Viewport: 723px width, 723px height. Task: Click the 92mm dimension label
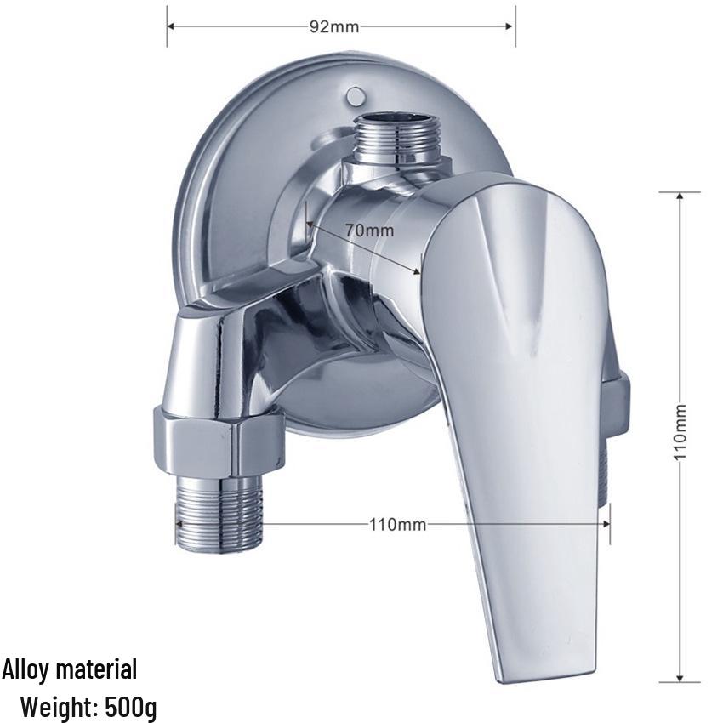point(333,26)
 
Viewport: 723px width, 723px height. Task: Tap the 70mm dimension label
point(370,230)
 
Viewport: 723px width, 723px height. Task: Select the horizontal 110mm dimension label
point(397,524)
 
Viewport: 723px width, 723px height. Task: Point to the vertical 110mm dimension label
point(680,431)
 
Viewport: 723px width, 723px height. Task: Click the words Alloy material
point(70,669)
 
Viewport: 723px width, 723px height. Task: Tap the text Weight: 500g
point(89,705)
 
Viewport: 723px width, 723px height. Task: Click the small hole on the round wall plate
point(355,95)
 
